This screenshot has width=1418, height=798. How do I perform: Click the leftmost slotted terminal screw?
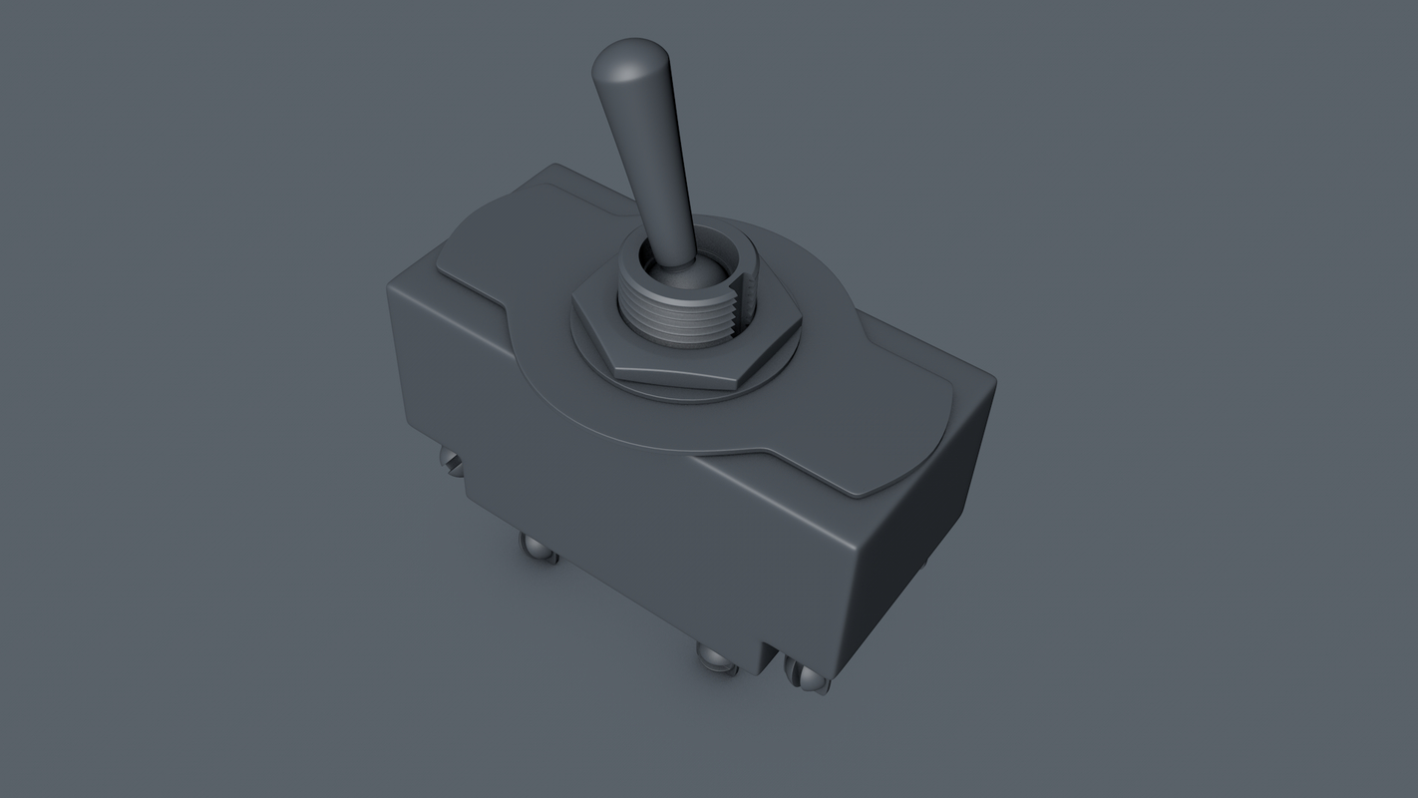click(x=452, y=461)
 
